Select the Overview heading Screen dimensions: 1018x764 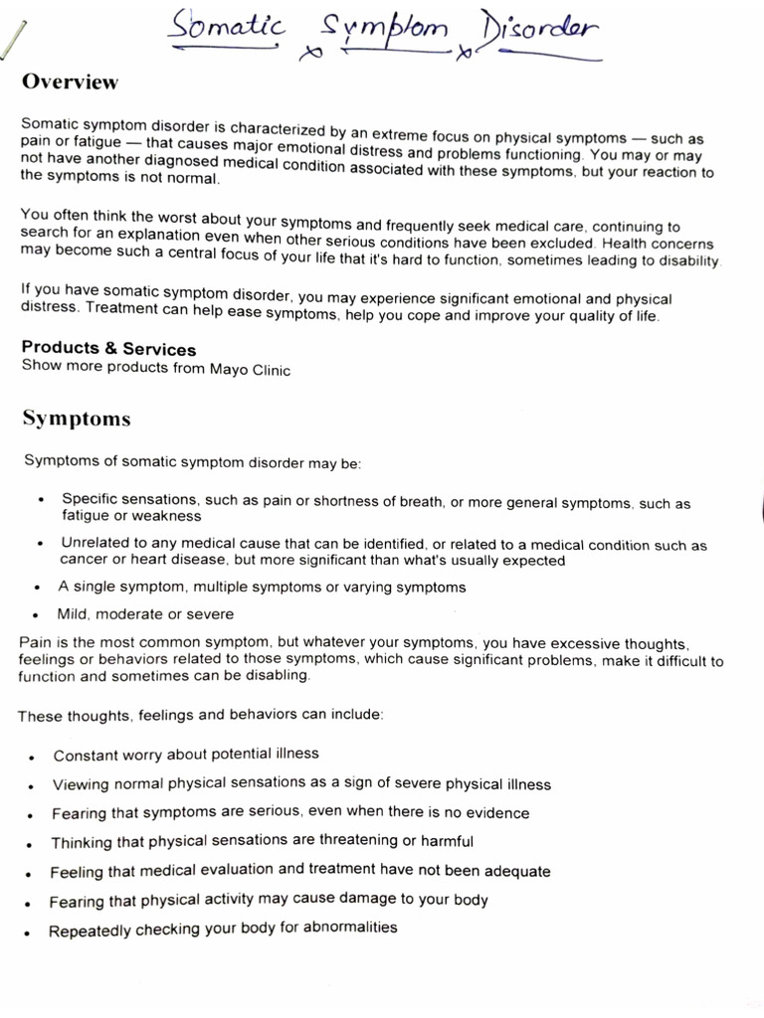tap(70, 83)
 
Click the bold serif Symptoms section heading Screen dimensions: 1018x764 tap(77, 419)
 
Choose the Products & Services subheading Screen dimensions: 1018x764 tap(108, 349)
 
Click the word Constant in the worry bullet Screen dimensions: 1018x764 tap(86, 755)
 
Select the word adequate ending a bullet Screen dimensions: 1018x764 tap(513, 871)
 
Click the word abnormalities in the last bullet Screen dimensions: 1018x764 tap(344, 928)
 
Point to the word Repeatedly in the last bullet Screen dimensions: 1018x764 tap(89, 932)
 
